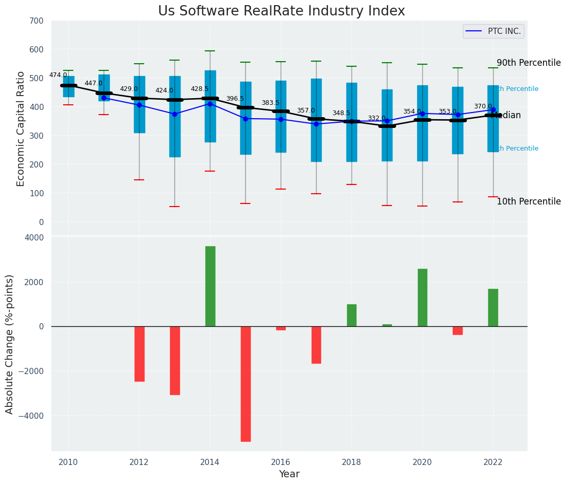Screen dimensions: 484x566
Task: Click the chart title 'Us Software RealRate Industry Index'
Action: [x=281, y=11]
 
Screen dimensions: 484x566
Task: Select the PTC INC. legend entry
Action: [x=493, y=31]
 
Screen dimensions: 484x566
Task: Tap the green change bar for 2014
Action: [x=210, y=286]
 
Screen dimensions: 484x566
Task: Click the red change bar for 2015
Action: [x=245, y=384]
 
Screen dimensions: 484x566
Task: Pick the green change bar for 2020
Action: [x=422, y=297]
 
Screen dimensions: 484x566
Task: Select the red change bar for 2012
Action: [x=139, y=354]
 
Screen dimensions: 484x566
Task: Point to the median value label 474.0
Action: [x=58, y=75]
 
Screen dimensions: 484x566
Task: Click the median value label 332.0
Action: [x=377, y=118]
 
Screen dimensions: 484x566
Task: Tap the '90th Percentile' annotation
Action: [x=529, y=63]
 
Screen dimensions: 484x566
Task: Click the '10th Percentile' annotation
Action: [x=529, y=201]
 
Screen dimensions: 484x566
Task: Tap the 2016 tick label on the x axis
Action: [x=281, y=462]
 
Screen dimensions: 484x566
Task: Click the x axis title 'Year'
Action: [x=289, y=474]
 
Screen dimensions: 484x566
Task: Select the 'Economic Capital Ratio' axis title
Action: [x=21, y=128]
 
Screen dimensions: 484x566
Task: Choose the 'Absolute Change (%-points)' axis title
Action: [x=10, y=344]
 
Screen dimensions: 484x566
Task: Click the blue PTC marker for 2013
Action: [x=174, y=114]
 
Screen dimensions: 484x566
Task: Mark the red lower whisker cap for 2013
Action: [x=174, y=207]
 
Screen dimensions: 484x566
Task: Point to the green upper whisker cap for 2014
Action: [x=210, y=51]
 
